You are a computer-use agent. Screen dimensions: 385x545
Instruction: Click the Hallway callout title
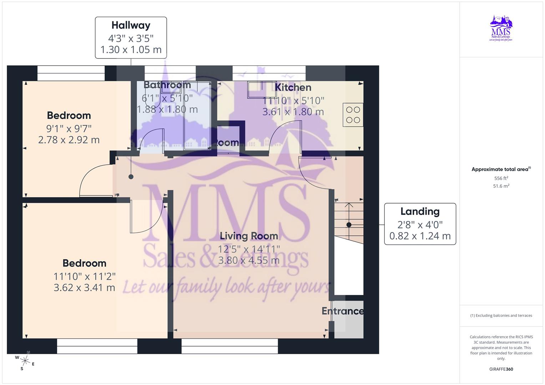coord(131,25)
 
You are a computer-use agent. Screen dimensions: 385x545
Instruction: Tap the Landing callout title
coord(420,211)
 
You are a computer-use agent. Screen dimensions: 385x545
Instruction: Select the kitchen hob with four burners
coord(353,115)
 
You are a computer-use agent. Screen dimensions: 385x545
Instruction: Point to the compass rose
coord(25,361)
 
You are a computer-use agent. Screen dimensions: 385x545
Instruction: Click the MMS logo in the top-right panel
coord(501,28)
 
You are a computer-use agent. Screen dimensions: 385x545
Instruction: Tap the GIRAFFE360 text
coord(501,369)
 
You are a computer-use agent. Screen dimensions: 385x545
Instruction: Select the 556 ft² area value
coord(501,178)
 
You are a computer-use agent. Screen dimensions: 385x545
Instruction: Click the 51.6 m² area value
coord(501,186)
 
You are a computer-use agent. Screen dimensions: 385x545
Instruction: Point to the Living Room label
coord(249,236)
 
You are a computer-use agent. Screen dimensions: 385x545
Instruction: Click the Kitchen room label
coord(293,87)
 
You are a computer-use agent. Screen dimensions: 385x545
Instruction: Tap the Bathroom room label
coord(167,85)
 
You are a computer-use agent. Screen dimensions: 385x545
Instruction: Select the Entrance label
coord(343,311)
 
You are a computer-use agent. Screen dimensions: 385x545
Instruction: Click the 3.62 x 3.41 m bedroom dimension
coord(84,287)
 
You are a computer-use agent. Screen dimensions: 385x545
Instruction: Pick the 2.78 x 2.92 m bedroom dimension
coord(69,140)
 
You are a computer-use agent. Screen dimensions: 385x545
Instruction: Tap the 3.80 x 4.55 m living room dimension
coord(249,260)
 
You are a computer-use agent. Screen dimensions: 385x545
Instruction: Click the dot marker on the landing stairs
coord(349,225)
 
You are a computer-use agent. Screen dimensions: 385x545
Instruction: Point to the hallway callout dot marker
coord(131,177)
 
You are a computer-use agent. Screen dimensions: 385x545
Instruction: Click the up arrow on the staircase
coord(349,206)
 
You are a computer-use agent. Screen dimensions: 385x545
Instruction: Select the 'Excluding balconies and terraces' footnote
coord(501,315)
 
